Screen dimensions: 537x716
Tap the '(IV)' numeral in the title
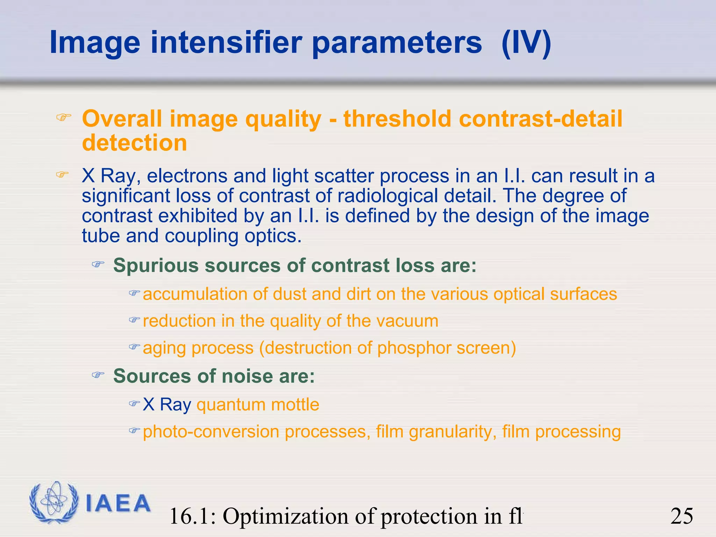(x=526, y=43)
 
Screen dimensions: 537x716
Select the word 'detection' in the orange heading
(x=135, y=143)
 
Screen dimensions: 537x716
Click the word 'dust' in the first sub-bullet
(x=289, y=294)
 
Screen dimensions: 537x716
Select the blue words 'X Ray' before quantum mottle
(x=167, y=405)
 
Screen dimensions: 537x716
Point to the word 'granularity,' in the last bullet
(x=453, y=432)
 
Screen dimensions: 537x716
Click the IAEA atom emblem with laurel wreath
(x=53, y=502)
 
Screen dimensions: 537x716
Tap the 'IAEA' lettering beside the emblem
(x=117, y=503)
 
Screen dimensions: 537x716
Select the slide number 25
(x=681, y=516)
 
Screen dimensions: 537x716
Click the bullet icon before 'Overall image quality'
(x=64, y=117)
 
